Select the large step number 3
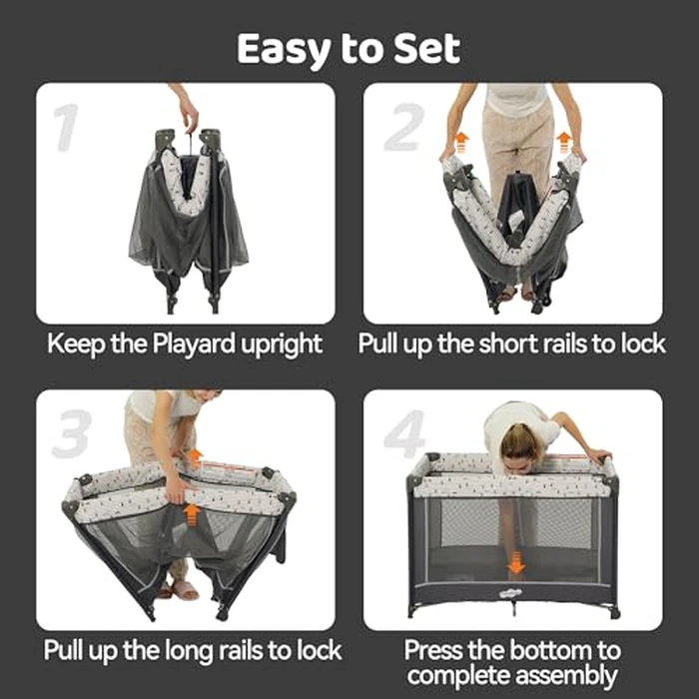69,432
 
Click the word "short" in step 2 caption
513,345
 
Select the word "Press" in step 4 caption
437,649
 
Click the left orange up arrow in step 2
461,141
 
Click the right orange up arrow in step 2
564,141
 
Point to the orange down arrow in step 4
515,564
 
